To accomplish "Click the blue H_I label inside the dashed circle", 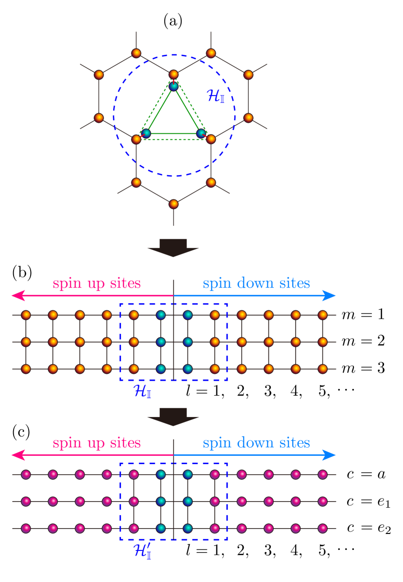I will pos(215,96).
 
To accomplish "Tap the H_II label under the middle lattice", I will pos(142,391).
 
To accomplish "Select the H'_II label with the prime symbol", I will pos(142,551).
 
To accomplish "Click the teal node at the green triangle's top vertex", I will pos(173,86).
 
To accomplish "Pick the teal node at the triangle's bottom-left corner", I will pos(146,133).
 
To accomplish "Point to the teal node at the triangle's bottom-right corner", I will pos(201,133).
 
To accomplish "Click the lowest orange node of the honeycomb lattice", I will pos(173,204).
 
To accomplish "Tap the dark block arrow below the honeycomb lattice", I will pos(173,248).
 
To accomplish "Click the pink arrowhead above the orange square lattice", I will pos(17,295).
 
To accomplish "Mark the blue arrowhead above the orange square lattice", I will pos(329,295).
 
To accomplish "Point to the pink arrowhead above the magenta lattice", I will pos(17,455).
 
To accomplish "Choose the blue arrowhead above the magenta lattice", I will pos(329,455).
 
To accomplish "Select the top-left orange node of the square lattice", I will pos(26,315).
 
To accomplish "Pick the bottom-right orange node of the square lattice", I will pos(322,369).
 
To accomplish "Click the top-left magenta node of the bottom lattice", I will pos(26,475).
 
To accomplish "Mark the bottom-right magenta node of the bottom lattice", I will pos(322,528).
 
